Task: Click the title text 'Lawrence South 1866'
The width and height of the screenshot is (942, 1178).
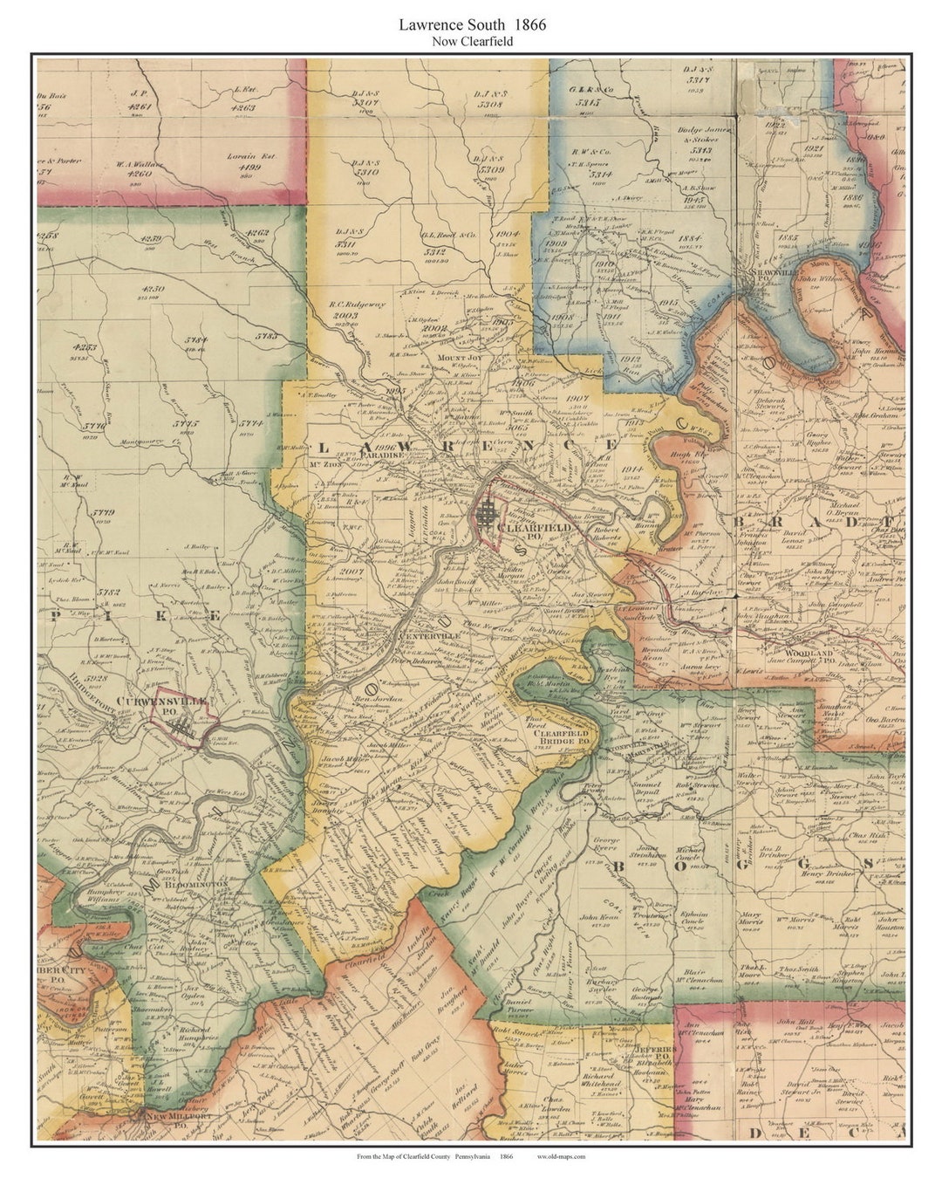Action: pos(472,24)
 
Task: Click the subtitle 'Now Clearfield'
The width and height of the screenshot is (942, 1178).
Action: pos(472,42)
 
